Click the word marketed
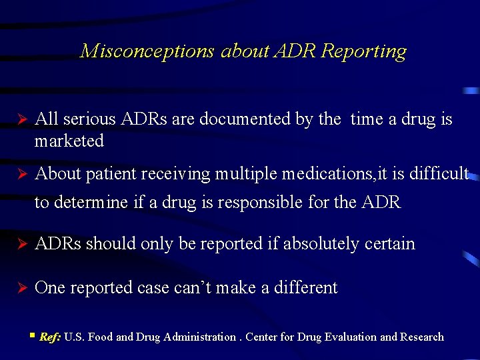[69, 141]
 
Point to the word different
[303, 288]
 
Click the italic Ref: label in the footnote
[50, 337]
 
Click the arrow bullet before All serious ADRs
[20, 120]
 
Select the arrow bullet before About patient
[20, 175]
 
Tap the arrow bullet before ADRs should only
[20, 245]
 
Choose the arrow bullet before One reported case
[20, 289]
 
